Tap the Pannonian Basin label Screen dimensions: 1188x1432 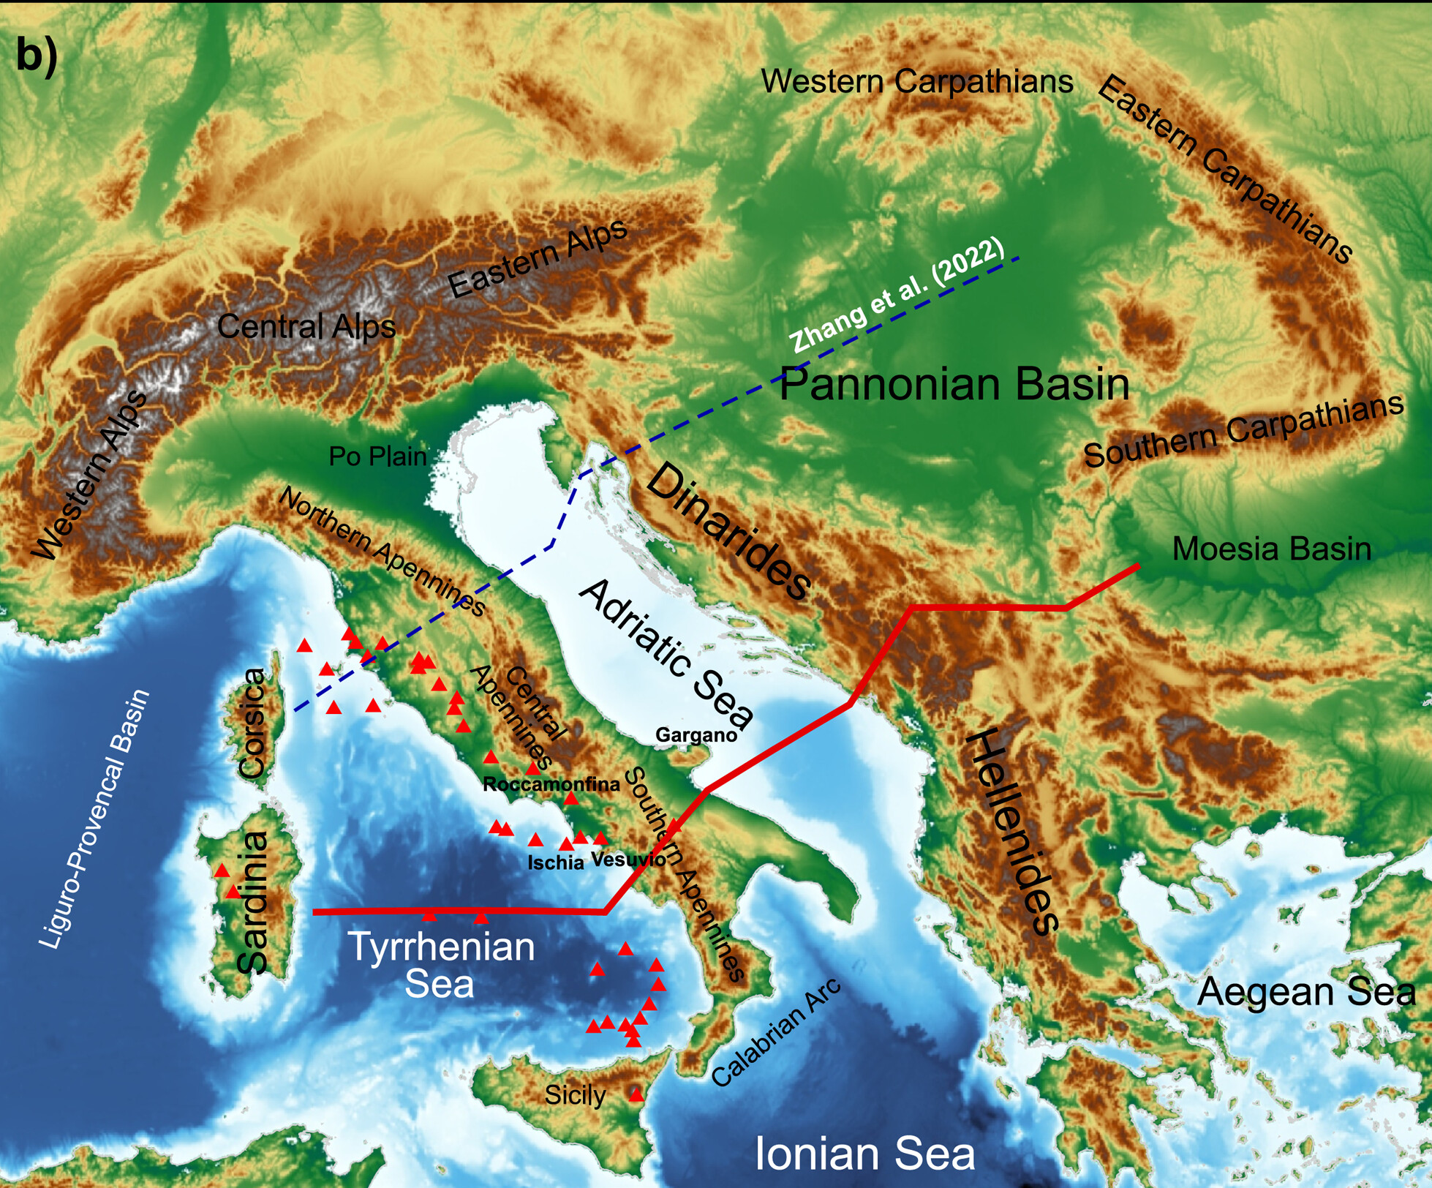954,384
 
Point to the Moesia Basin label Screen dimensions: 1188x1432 1271,549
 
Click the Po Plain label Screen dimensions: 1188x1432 377,456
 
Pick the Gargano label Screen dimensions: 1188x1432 696,734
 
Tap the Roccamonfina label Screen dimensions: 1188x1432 551,784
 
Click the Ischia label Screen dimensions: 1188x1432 556,862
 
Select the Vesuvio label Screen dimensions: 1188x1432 628,859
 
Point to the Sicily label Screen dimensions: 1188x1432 575,1095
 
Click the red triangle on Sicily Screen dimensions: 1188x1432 636,1095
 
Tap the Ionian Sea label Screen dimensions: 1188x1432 864,1154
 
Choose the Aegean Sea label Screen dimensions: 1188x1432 1306,993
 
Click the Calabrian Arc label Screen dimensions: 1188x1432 776,1033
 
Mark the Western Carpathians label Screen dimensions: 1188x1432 917,81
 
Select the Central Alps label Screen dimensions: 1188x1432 306,326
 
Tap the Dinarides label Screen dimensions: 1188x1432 728,532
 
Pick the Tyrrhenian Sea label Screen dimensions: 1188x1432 440,965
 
